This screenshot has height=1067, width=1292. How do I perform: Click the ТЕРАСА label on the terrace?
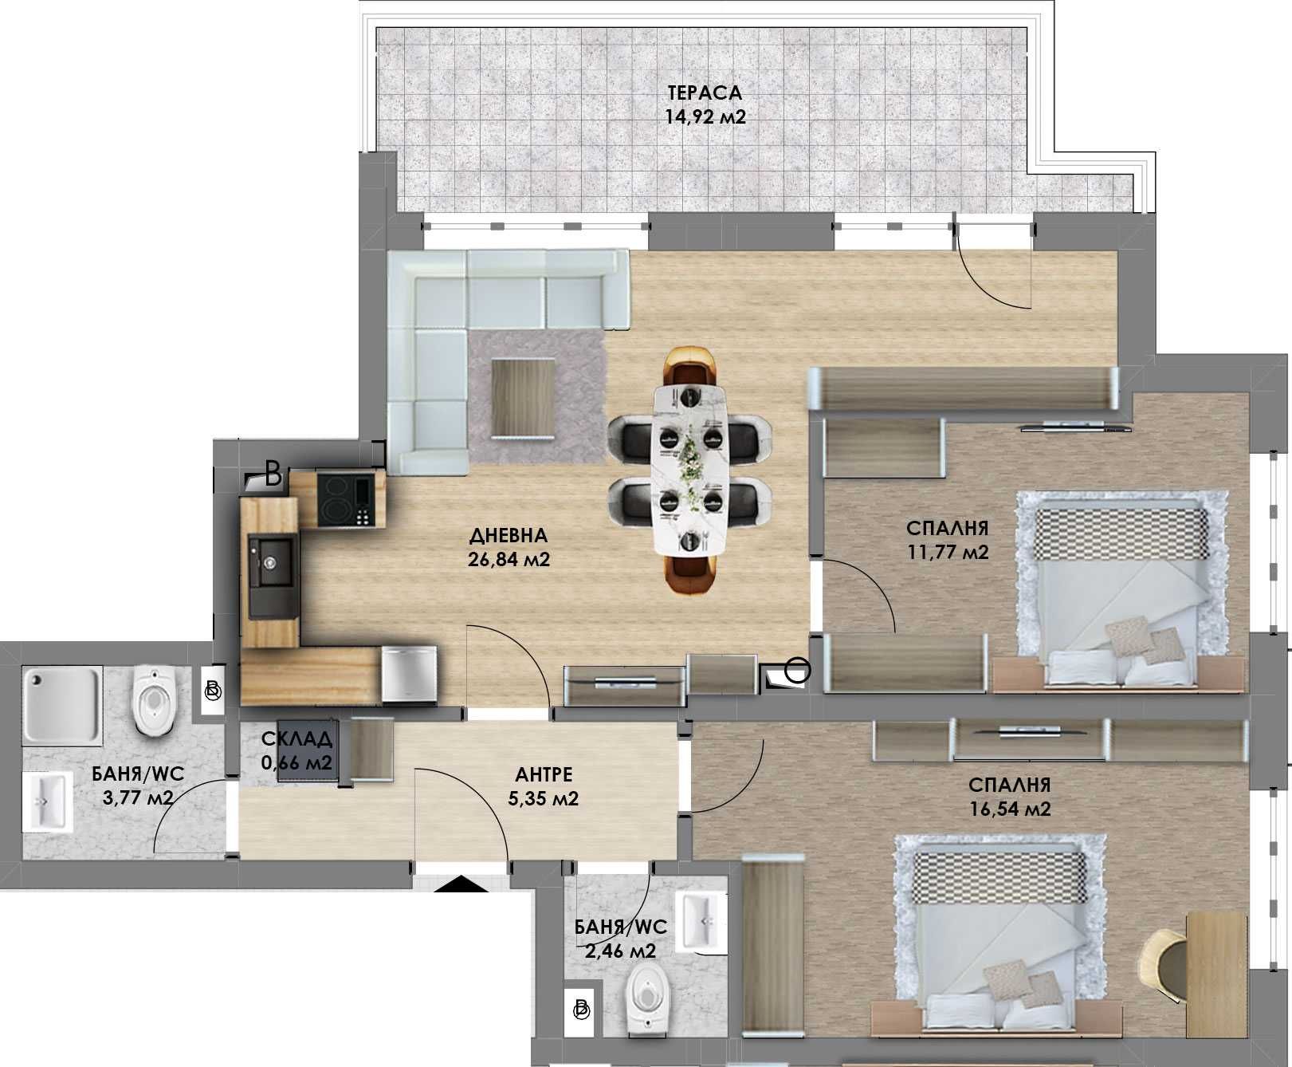(705, 93)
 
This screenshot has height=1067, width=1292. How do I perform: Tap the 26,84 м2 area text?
(510, 560)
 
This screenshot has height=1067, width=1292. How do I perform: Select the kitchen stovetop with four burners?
(344, 499)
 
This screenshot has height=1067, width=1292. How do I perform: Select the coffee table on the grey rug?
(523, 397)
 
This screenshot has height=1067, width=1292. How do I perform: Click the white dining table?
(690, 469)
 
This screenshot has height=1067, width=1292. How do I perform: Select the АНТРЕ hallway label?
(544, 774)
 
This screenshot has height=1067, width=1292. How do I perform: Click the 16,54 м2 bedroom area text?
(1011, 809)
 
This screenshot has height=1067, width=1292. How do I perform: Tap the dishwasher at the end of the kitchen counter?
(409, 674)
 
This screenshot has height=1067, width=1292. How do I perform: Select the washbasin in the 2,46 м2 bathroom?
(702, 921)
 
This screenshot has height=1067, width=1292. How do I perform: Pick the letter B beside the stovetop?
(273, 475)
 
